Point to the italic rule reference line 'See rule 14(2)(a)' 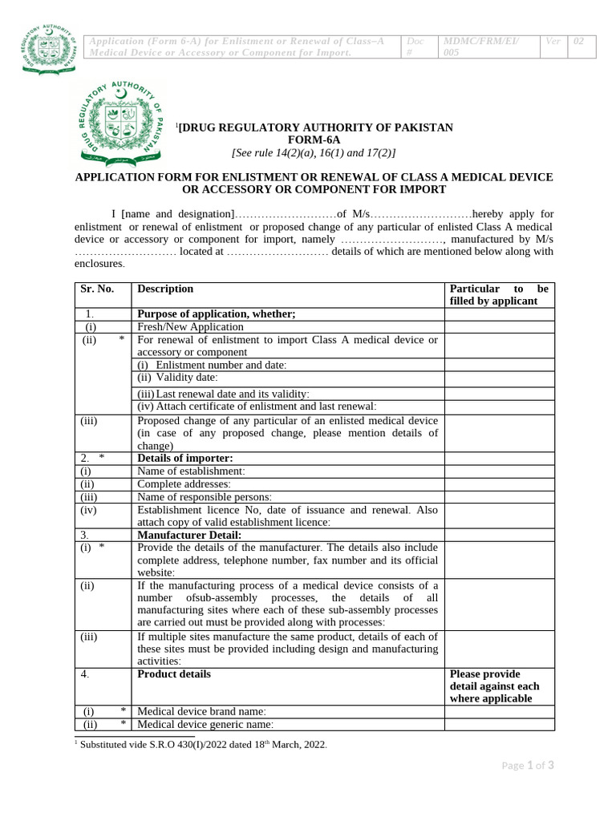(314, 153)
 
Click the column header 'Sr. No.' (98, 289)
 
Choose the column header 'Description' (165, 289)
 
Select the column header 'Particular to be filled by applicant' (499, 295)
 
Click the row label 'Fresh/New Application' (190, 327)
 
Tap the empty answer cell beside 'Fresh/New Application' (499, 327)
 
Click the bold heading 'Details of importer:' (185, 459)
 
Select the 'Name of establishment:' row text (192, 471)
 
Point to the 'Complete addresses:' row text (184, 484)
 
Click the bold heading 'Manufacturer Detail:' (189, 535)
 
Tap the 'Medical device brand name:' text (201, 711)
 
